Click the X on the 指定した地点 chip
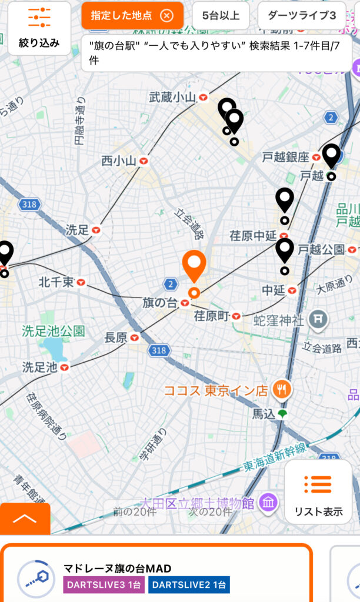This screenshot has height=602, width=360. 166,16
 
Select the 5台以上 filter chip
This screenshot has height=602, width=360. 221,16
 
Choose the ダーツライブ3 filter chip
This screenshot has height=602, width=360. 301,16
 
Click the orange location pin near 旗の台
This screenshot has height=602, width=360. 194,267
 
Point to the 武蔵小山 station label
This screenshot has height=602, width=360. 172,98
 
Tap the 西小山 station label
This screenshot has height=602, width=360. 119,160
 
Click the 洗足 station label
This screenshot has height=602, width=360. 77,230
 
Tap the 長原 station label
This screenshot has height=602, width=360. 116,337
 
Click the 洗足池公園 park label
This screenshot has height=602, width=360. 54,330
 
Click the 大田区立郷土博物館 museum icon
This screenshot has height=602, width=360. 269,503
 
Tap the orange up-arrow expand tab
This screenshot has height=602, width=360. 25,519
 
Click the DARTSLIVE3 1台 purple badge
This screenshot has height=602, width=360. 104,585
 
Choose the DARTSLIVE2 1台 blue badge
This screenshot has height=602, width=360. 189,585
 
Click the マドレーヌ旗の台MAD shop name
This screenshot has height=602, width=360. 117,568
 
